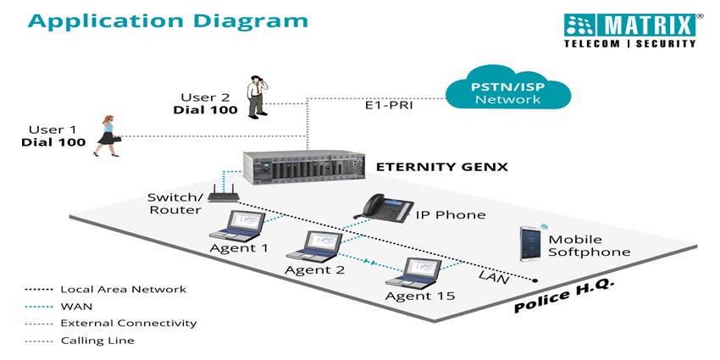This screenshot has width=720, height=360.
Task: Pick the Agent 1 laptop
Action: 240,226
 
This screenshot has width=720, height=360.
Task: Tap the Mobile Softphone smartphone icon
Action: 529,243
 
